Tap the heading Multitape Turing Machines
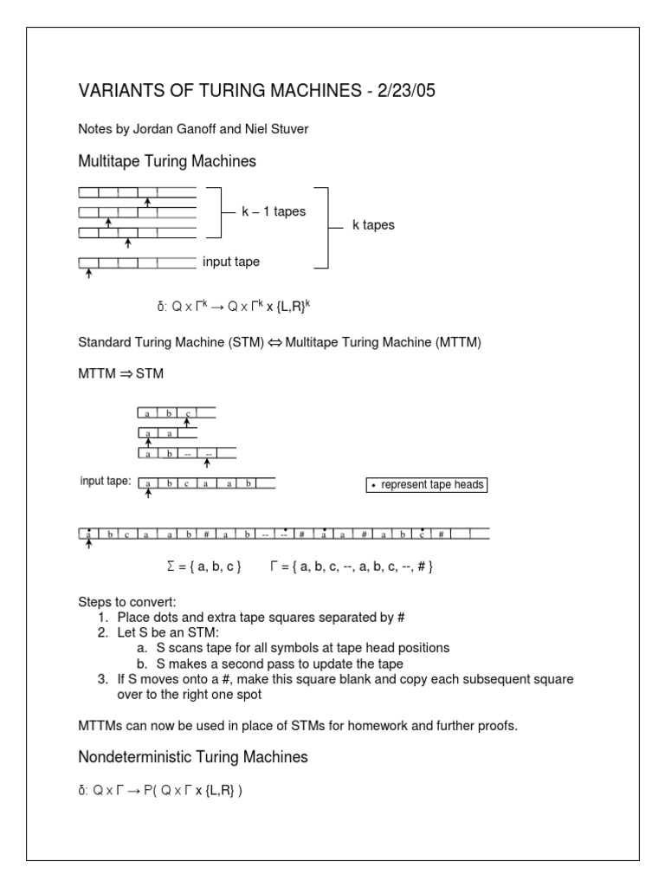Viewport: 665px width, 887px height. (x=167, y=161)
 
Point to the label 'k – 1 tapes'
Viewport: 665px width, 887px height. (x=274, y=211)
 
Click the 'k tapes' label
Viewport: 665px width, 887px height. (x=373, y=225)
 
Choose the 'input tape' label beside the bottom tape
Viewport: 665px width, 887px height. (x=231, y=262)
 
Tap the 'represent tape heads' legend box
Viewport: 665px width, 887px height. (x=426, y=485)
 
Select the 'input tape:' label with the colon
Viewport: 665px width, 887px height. (x=106, y=482)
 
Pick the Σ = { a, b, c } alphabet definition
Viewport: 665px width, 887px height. (x=203, y=567)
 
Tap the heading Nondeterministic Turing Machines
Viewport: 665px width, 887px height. (x=193, y=757)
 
